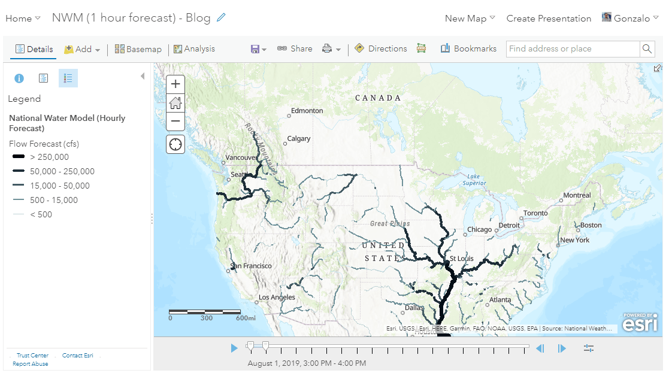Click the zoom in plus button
[175, 84]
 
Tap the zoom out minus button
[175, 121]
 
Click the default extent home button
[175, 102]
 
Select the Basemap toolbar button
[138, 49]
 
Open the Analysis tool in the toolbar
[194, 49]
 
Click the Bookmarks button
[468, 49]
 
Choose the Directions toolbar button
[381, 49]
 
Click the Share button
[295, 49]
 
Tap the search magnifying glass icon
[647, 49]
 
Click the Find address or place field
[572, 49]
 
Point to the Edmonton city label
[307, 111]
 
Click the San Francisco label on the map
[252, 266]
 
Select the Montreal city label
[577, 195]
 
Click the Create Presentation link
[549, 19]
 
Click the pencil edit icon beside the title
[222, 18]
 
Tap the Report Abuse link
[31, 364]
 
